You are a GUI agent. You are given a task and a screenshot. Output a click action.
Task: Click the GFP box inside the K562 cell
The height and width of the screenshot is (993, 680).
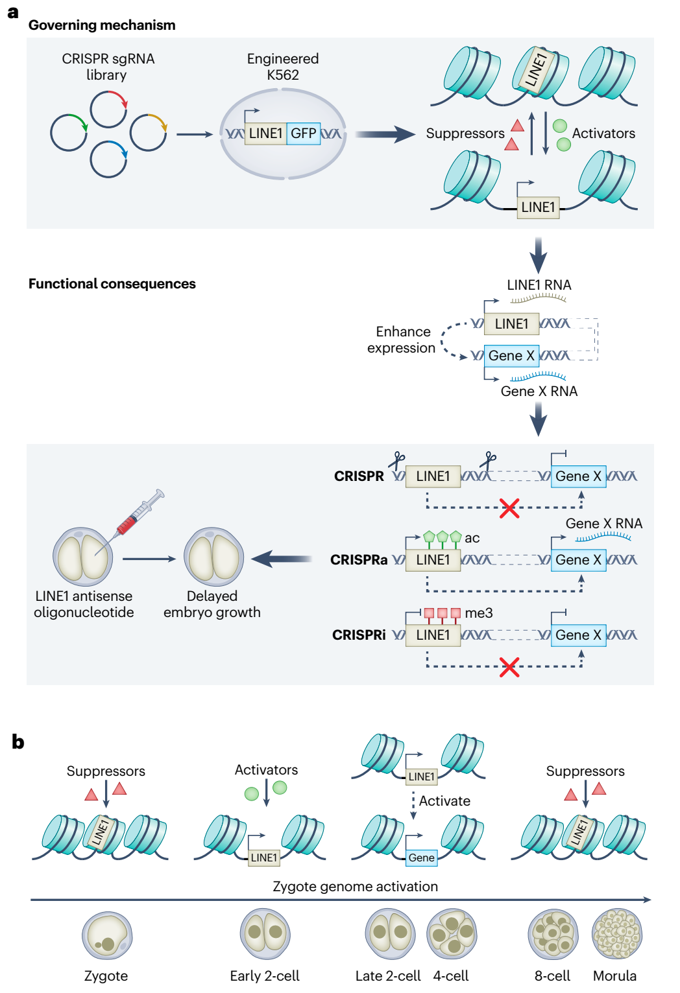303,134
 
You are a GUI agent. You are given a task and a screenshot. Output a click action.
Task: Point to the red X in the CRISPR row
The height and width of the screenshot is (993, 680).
509,508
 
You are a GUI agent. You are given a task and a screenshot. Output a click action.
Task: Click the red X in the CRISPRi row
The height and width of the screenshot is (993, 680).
509,667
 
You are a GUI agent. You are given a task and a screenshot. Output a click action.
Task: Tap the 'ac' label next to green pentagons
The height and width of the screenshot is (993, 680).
472,538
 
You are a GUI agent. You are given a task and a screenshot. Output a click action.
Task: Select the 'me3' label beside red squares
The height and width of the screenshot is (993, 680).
478,613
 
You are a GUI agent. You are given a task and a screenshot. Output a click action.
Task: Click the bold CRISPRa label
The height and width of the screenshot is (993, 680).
359,560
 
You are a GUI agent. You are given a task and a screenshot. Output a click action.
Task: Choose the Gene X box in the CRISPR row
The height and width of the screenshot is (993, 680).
578,476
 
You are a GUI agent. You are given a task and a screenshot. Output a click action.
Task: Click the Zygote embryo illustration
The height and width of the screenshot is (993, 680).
107,935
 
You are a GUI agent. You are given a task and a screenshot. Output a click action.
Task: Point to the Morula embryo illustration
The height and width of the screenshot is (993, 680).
617,933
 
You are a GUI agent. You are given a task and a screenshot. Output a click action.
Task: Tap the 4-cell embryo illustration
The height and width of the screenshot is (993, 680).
452,933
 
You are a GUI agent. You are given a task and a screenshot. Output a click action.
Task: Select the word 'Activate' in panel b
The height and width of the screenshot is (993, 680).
444,800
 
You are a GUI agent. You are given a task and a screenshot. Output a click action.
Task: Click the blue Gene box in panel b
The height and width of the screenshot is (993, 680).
422,858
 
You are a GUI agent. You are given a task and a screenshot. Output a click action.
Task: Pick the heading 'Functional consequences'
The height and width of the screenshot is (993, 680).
112,284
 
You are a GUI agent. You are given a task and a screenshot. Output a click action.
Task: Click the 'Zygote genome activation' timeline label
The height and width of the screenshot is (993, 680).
355,887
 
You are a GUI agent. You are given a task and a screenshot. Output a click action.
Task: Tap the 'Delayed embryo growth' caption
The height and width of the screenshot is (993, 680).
212,604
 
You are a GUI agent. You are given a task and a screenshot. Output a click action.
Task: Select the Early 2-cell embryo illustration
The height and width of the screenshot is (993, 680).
265,933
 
